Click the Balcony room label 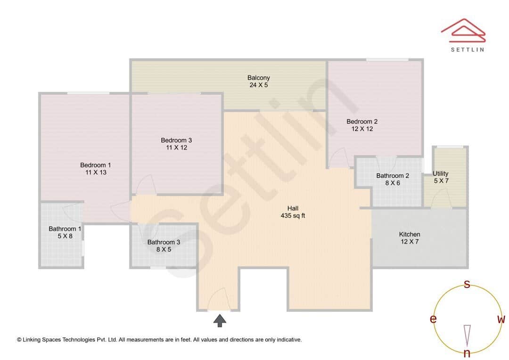pos(258,78)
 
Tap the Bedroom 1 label pos(96,165)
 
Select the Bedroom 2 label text pos(362,122)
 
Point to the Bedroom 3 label pos(176,140)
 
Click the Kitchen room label pos(410,234)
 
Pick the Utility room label pos(441,173)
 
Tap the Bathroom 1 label pos(65,229)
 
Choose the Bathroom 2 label pos(393,176)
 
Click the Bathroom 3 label pos(164,242)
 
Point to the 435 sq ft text pos(293,216)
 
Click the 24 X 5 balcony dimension pos(258,85)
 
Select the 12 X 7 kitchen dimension pos(409,242)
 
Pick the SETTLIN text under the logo pos(468,49)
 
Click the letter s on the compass pos(467,284)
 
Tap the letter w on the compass pos(501,319)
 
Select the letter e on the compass pos(433,319)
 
